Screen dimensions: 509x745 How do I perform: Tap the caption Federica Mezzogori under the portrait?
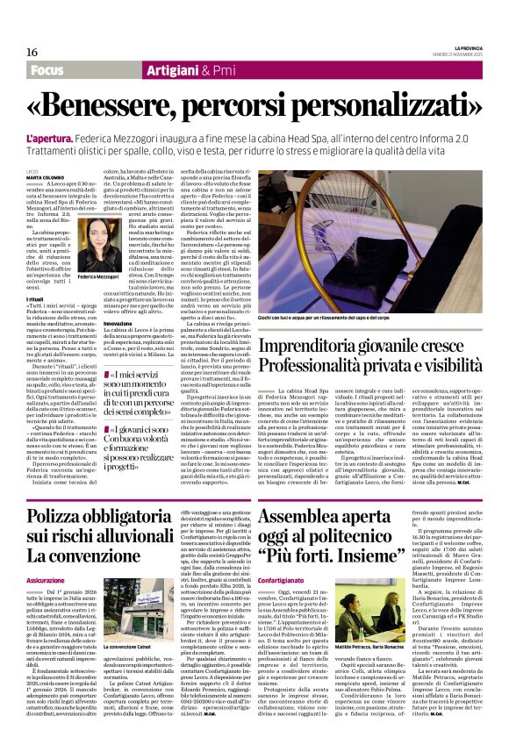coord(99,301)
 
